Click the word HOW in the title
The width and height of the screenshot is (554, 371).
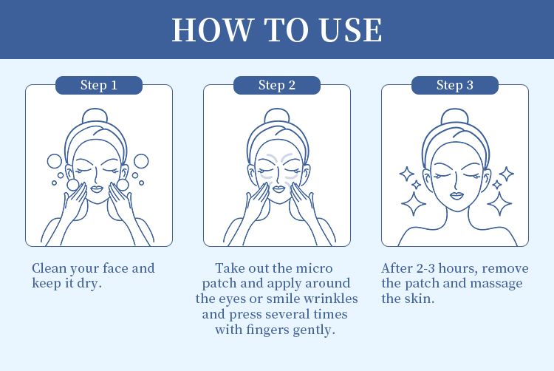213,30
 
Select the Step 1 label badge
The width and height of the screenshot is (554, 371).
99,85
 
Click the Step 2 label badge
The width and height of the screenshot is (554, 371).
277,85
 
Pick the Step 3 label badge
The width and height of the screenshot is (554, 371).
455,85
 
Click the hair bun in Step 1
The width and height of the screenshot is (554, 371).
95,116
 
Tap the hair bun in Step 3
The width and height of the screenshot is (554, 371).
455,116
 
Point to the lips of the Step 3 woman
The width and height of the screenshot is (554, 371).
456,195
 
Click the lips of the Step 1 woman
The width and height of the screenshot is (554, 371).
97,188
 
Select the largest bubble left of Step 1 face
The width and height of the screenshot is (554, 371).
55,161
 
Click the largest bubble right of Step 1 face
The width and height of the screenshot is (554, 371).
141,161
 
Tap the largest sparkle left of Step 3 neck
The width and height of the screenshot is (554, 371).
414,204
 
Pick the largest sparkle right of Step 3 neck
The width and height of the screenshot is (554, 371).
499,204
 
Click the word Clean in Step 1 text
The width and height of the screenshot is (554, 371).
49,268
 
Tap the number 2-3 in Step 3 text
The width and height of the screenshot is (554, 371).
425,268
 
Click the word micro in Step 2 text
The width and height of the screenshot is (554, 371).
314,268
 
